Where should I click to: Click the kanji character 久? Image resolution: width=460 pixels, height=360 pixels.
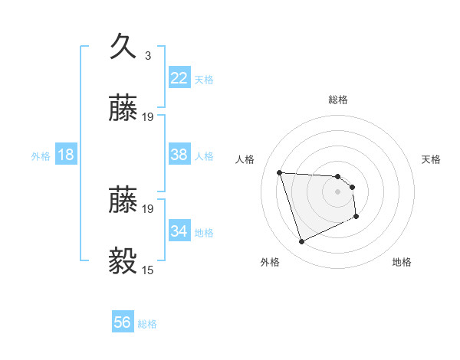tap(125, 47)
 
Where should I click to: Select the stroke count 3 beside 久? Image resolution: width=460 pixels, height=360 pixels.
tap(148, 56)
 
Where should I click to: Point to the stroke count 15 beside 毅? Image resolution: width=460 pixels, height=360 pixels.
tap(148, 270)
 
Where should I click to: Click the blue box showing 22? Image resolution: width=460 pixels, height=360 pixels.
tap(179, 78)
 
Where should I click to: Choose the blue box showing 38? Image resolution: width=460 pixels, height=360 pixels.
tap(179, 155)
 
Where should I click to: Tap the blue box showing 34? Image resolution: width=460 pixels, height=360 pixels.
tap(179, 231)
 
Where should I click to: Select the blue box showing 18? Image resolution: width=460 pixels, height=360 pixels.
tap(66, 155)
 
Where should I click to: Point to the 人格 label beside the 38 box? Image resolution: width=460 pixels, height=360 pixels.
tap(204, 156)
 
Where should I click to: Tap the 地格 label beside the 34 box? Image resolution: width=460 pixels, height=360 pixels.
tap(204, 232)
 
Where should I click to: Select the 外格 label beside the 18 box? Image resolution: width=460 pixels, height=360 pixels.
tap(41, 156)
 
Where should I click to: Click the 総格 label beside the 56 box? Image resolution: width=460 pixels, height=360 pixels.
tap(147, 324)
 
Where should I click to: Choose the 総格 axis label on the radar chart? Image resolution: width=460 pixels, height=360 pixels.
tap(338, 100)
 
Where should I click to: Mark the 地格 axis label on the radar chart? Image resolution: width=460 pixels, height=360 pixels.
tap(402, 263)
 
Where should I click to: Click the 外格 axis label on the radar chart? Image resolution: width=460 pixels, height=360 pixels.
tap(270, 263)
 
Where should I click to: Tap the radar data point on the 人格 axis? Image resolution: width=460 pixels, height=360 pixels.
tap(280, 172)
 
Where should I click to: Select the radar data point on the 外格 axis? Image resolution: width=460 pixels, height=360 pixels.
tap(301, 242)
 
